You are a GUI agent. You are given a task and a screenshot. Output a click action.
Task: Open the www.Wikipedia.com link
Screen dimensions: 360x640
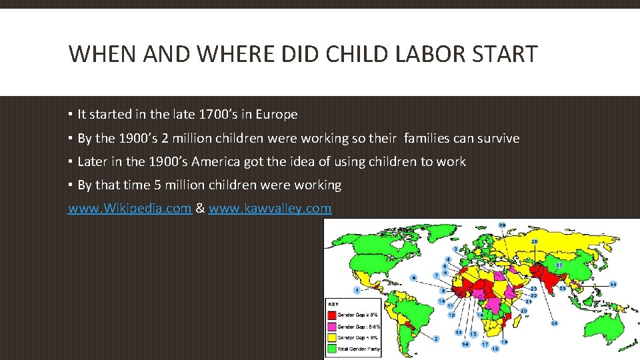[x=130, y=208]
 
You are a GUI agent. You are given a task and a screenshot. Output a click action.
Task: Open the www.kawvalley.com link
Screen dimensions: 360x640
[x=269, y=208]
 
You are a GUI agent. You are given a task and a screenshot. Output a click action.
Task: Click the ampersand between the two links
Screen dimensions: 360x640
[x=200, y=208]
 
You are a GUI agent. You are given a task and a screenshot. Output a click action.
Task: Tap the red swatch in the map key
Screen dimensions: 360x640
[x=331, y=314]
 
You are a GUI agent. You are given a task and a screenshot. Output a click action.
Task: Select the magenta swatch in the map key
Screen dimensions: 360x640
[x=331, y=326]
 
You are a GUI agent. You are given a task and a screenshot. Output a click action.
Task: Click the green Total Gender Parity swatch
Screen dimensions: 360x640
[x=331, y=349]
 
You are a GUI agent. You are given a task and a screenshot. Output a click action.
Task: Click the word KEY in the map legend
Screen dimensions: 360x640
[x=333, y=304]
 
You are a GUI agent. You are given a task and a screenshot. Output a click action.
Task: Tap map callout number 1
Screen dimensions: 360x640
[x=358, y=290]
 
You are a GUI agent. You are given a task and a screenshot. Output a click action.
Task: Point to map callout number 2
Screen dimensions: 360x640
[x=436, y=339]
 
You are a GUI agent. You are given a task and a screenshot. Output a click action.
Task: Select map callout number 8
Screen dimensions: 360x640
[x=414, y=277]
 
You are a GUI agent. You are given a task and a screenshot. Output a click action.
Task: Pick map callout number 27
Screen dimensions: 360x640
[x=559, y=265]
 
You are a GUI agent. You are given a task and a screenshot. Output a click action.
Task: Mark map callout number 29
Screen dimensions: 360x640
[x=501, y=225]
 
